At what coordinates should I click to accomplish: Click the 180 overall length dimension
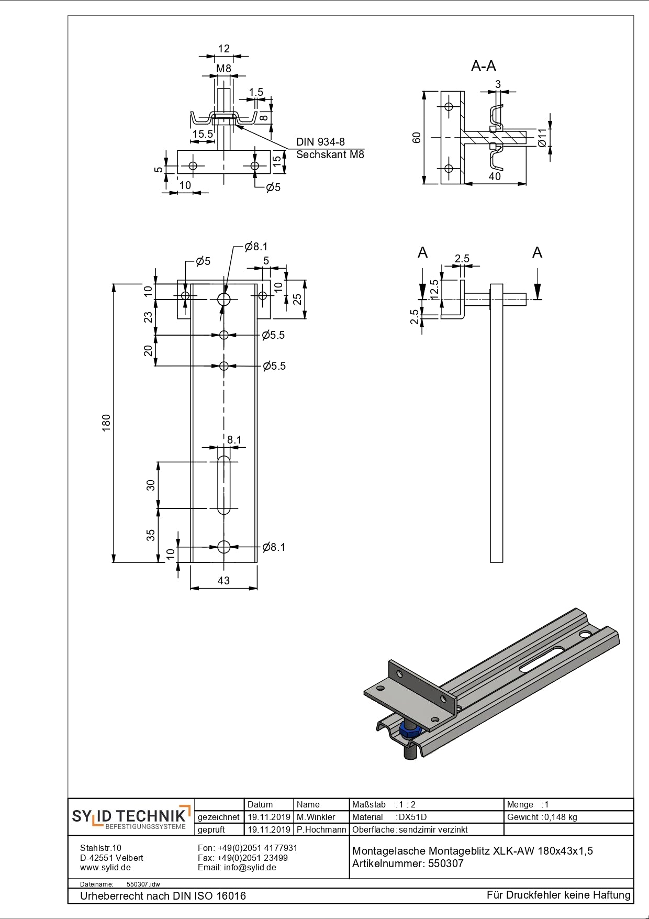(106, 423)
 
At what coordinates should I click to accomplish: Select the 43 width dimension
(223, 580)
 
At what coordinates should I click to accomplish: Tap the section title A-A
(483, 66)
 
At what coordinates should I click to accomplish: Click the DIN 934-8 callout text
(320, 142)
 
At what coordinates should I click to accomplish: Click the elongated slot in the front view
(224, 485)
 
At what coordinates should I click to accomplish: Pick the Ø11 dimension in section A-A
(542, 137)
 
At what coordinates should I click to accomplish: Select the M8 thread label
(223, 69)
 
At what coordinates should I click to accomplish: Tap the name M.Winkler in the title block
(316, 817)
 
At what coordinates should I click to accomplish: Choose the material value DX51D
(412, 817)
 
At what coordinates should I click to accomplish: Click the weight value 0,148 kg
(561, 817)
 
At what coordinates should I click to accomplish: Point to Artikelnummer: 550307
(408, 863)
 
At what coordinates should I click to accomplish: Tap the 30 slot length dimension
(151, 485)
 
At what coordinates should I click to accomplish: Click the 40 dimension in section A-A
(495, 176)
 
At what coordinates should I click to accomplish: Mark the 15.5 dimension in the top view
(203, 134)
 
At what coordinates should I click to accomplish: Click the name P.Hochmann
(321, 829)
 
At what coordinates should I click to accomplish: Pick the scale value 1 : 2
(407, 804)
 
